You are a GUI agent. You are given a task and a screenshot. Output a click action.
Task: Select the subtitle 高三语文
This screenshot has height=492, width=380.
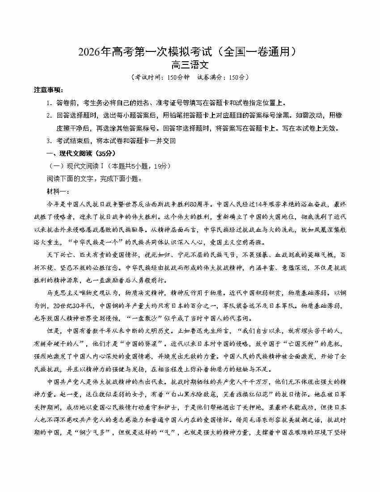[x=190, y=65]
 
